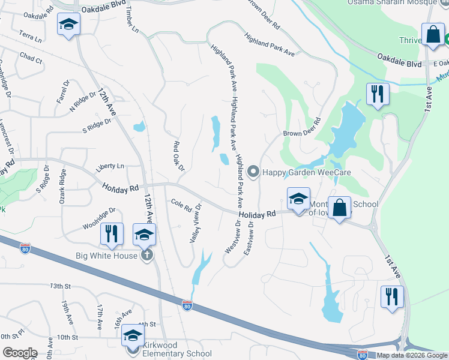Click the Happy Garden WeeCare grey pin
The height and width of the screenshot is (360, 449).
point(253,172)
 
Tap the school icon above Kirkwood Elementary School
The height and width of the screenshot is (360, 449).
point(133,335)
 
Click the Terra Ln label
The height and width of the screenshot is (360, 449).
point(30,35)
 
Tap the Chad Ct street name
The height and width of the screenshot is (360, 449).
point(31,58)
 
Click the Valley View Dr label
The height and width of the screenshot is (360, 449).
point(195,223)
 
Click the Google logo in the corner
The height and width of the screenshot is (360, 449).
point(20,353)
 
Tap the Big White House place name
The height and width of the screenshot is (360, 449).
point(107,256)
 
